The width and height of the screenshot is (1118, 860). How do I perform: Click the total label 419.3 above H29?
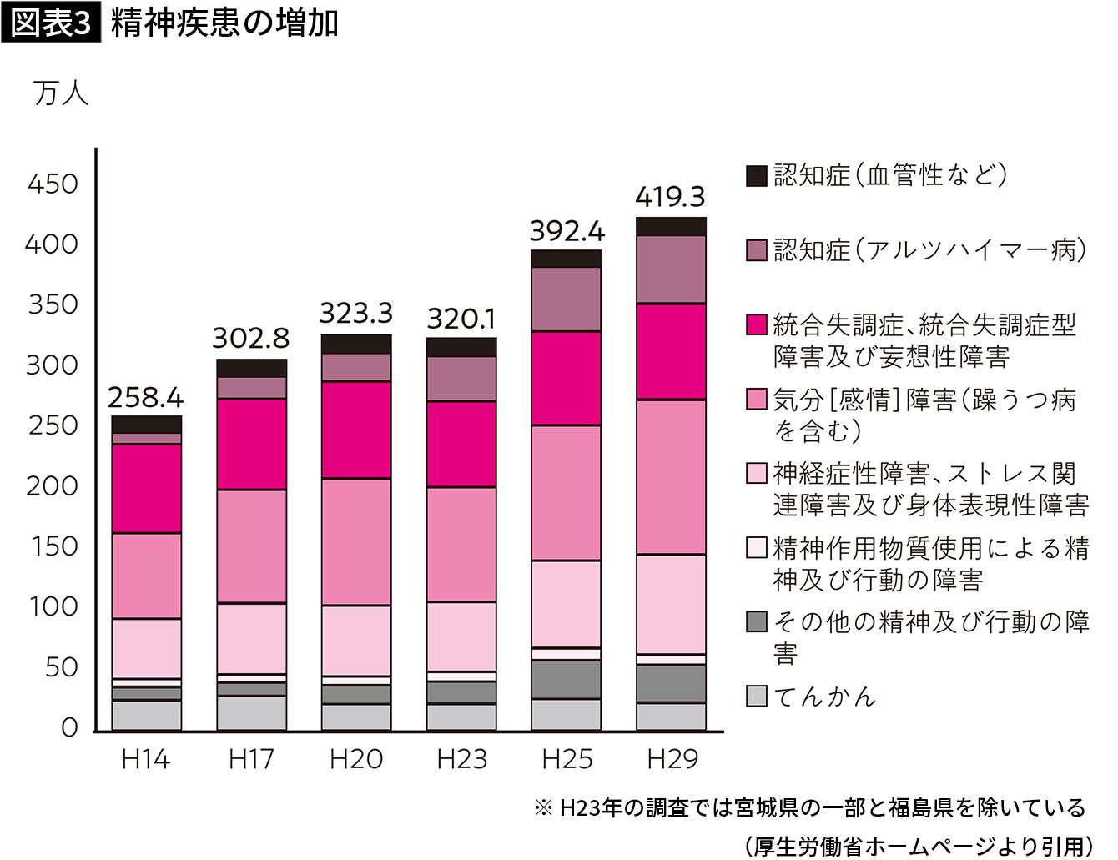[x=670, y=197]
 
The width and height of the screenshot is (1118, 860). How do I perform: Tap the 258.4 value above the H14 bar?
[x=146, y=397]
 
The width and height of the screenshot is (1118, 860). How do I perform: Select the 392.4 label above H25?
[x=567, y=230]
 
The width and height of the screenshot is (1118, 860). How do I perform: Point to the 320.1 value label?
[x=461, y=319]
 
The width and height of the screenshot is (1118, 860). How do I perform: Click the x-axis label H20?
[x=356, y=759]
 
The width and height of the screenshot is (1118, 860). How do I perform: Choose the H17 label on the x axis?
[x=251, y=759]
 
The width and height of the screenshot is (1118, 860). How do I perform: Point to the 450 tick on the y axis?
[x=53, y=184]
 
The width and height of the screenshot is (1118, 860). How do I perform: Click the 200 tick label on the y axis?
[x=53, y=485]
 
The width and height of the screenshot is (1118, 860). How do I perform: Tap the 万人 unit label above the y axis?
[x=61, y=93]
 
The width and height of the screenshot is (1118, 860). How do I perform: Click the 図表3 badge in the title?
[x=51, y=23]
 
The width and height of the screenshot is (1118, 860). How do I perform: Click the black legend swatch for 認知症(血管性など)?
[x=756, y=175]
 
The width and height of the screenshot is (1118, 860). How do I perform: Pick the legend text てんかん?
[x=824, y=696]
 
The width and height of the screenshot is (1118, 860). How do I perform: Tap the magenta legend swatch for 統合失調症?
[x=756, y=324]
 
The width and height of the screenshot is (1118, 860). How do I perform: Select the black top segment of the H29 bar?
[x=671, y=226]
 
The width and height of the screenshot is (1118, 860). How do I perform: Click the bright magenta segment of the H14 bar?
[x=147, y=488]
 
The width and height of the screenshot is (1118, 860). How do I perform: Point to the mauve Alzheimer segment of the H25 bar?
[x=567, y=299]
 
